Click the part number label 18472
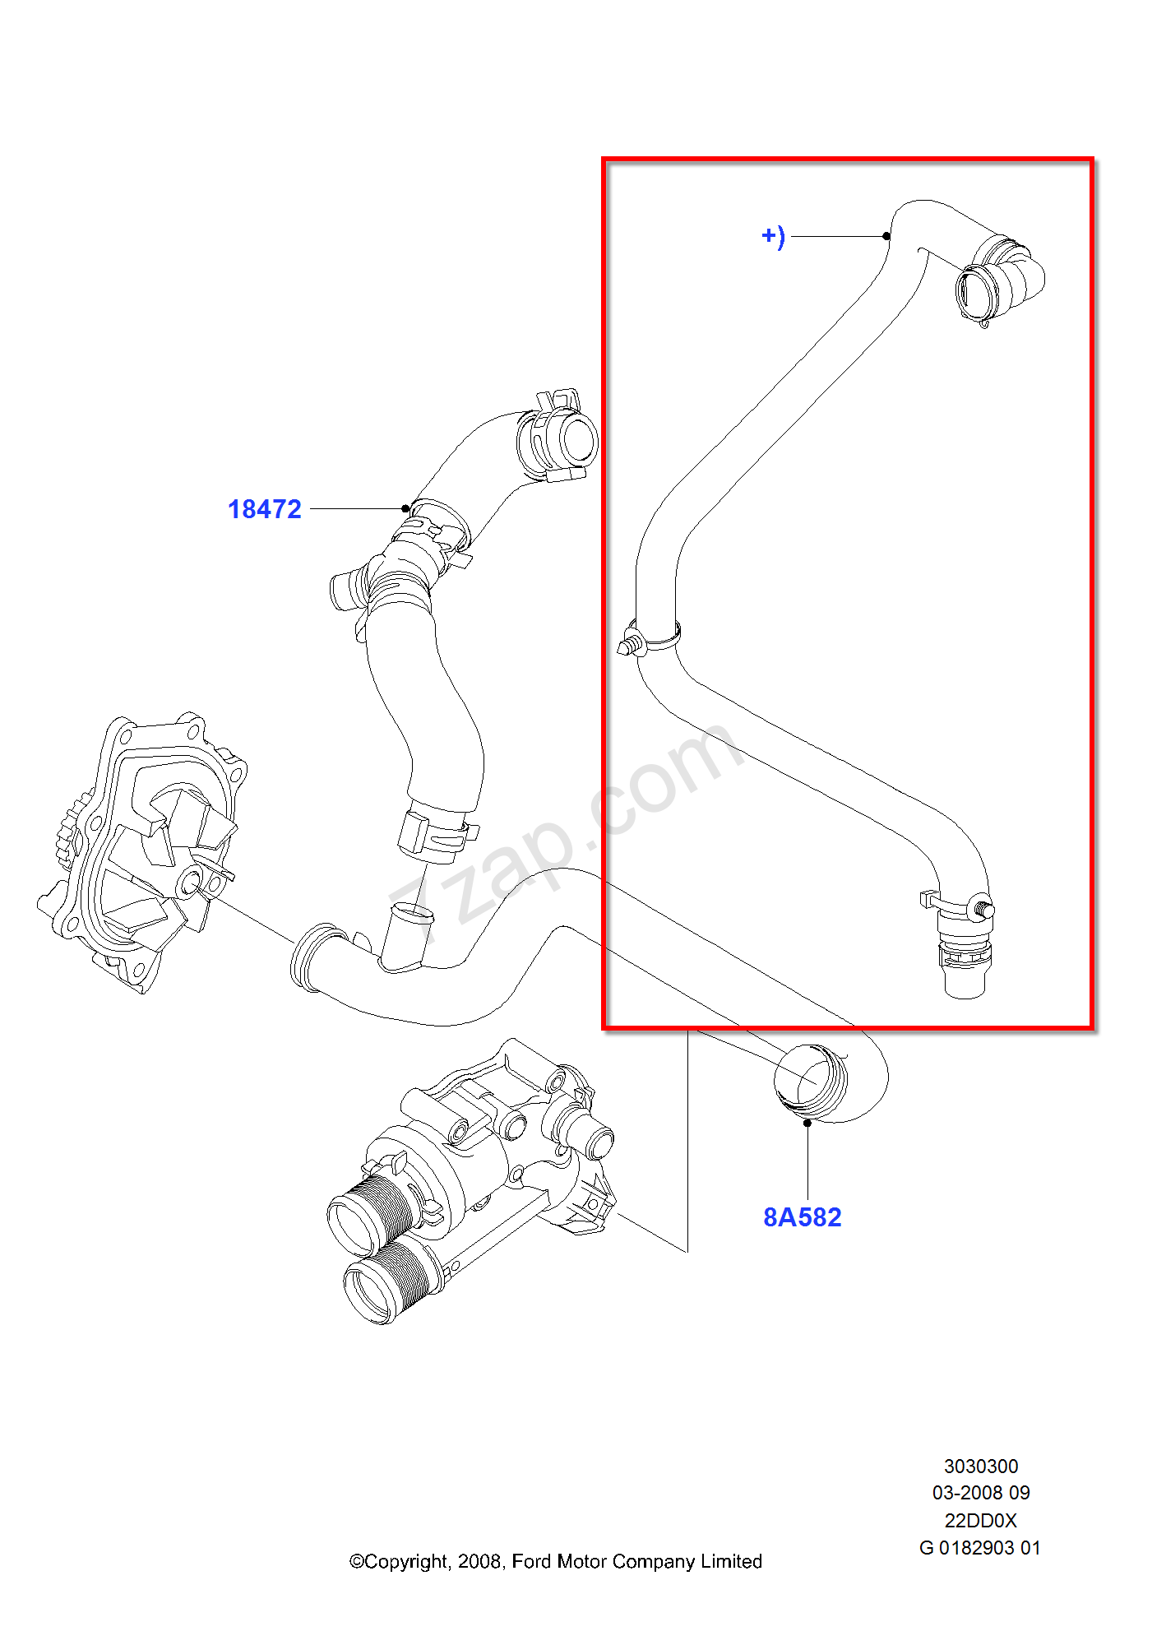tap(264, 509)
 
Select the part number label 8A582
tap(802, 1217)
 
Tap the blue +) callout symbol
tap(773, 237)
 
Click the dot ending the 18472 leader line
tap(405, 508)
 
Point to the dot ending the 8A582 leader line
tap(807, 1123)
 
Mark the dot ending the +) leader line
tap(886, 236)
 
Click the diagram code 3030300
tap(980, 1467)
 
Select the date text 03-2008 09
tap(980, 1493)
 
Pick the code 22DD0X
tap(980, 1521)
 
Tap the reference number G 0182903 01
tap(979, 1548)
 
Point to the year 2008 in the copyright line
tap(479, 1562)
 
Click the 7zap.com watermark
tap(567, 831)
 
